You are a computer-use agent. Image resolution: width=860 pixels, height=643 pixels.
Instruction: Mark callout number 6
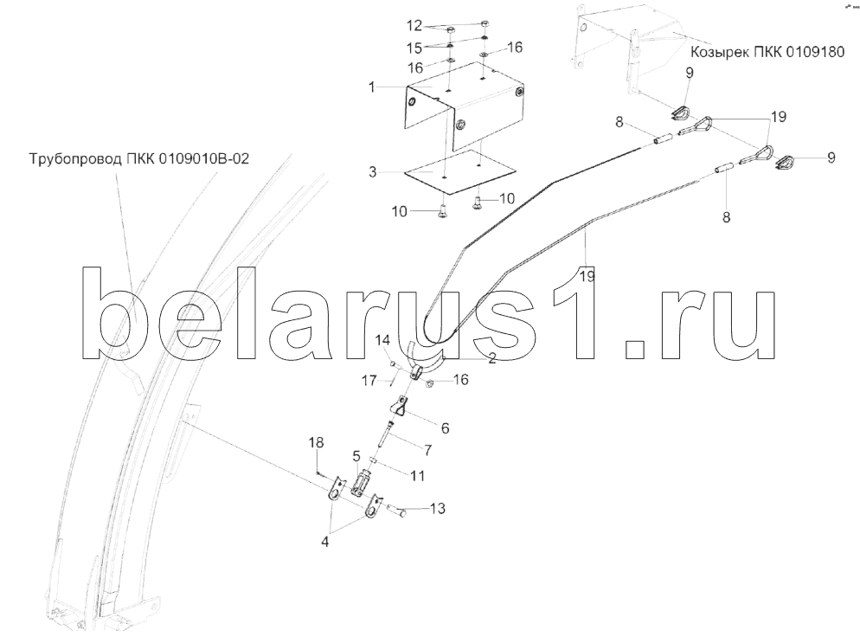pyautogui.click(x=445, y=427)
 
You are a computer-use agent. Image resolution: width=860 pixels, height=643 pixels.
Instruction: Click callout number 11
pyautogui.click(x=417, y=475)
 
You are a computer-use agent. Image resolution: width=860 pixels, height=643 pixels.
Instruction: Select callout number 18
pyautogui.click(x=317, y=442)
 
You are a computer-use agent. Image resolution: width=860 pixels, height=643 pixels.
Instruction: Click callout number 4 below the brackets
pyautogui.click(x=325, y=542)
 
